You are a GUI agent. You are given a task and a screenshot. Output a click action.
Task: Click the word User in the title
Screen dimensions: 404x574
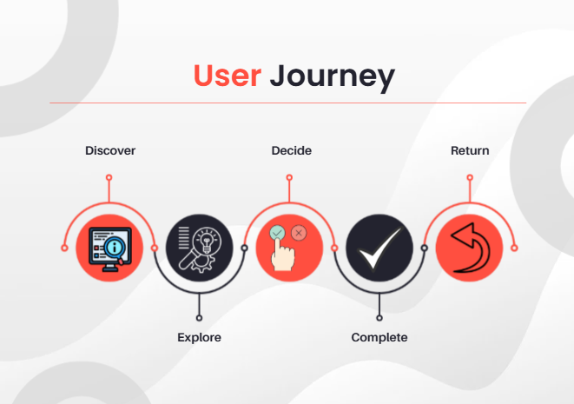pyautogui.click(x=228, y=76)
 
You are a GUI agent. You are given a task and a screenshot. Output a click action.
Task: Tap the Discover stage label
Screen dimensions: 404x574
pyautogui.click(x=110, y=151)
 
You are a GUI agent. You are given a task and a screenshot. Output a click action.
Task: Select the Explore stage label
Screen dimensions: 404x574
pyautogui.click(x=199, y=337)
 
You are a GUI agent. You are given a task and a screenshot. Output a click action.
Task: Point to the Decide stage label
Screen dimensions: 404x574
pyautogui.click(x=291, y=151)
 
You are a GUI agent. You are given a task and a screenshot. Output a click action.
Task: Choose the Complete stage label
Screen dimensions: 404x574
pyautogui.click(x=379, y=337)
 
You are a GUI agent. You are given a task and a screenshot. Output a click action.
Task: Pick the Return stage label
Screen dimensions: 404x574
pyautogui.click(x=470, y=151)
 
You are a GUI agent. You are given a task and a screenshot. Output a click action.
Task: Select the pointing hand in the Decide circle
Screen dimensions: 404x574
pyautogui.click(x=283, y=257)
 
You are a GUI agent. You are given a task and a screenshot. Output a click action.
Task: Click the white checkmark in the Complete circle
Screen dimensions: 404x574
pyautogui.click(x=379, y=248)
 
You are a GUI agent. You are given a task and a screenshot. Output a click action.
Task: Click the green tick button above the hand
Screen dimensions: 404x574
pyautogui.click(x=277, y=233)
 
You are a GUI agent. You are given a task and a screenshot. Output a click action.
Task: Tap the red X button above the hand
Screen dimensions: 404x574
pyautogui.click(x=299, y=233)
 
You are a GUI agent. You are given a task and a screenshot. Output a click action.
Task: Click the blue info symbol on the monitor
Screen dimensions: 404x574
pyautogui.click(x=115, y=248)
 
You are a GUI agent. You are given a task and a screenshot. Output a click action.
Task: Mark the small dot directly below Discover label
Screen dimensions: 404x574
pyautogui.click(x=109, y=177)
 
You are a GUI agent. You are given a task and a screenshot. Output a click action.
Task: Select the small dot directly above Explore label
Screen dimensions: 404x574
pyautogui.click(x=200, y=318)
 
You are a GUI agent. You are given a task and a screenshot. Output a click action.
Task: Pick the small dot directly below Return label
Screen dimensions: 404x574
pyautogui.click(x=470, y=177)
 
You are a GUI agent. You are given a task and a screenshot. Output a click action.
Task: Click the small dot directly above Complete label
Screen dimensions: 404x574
pyautogui.click(x=379, y=318)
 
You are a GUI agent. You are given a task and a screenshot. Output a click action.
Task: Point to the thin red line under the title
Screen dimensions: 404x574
pyautogui.click(x=287, y=103)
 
